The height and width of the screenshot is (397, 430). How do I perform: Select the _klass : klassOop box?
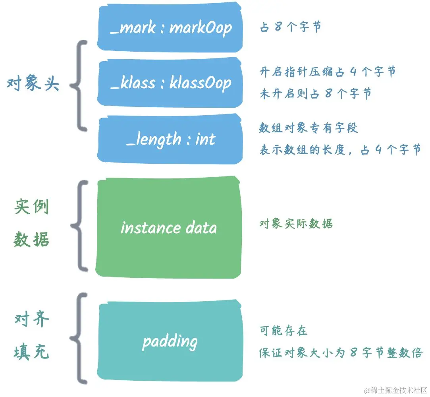coord(170,83)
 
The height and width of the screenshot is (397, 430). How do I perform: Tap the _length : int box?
coord(170,139)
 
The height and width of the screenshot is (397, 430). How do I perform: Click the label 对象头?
coord(33,84)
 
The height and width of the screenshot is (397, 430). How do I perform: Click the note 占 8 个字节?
coord(290,27)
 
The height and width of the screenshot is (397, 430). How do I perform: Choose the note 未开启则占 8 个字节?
coord(316,94)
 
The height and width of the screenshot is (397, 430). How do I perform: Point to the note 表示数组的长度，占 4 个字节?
coord(340,150)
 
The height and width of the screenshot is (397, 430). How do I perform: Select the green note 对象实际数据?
coord(296,223)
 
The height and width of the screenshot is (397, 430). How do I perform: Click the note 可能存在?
coord(283,331)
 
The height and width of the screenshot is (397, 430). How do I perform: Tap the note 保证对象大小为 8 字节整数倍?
coord(340,352)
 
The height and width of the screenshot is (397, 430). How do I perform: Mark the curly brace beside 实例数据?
coord(79,226)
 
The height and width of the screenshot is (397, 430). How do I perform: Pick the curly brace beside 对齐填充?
coord(79,338)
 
